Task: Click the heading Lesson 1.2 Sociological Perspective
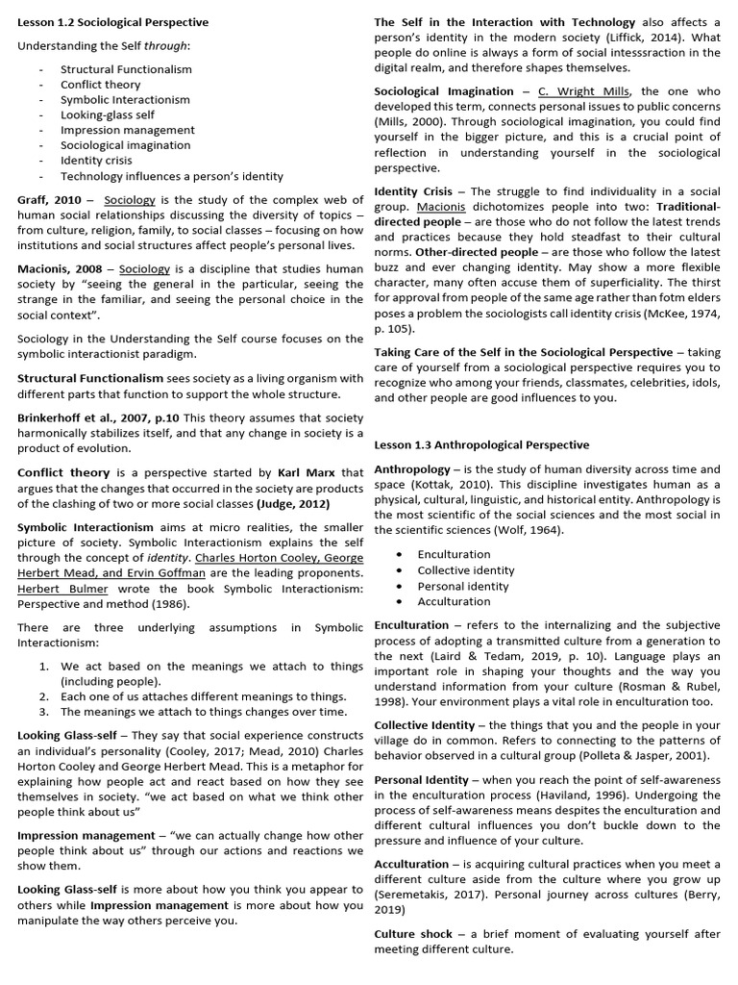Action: pos(112,22)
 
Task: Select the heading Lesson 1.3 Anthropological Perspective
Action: pos(481,445)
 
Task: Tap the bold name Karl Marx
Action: pos(307,473)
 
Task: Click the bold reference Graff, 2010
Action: pos(49,199)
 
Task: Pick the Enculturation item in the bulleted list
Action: pos(454,554)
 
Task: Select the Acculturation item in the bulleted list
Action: pos(454,601)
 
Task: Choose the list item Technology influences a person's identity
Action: pos(171,176)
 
